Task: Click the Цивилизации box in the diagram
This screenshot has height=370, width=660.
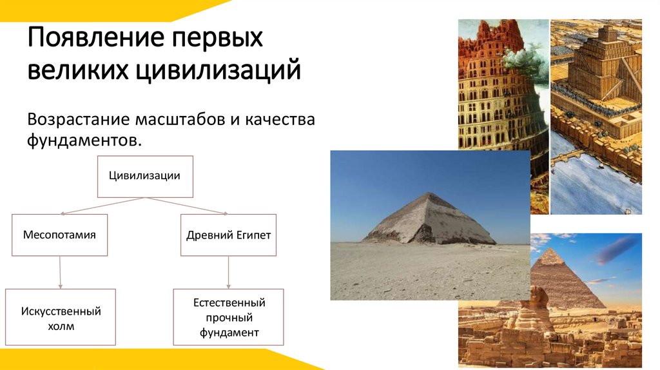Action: pos(144,176)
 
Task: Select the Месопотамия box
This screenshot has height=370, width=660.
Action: pos(59,235)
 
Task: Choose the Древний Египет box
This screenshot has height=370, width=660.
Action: pos(228,235)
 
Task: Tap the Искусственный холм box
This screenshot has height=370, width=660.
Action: pos(61,317)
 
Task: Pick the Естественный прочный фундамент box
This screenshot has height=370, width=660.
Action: pos(228,317)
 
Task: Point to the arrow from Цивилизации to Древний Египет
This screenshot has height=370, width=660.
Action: pos(187,206)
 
